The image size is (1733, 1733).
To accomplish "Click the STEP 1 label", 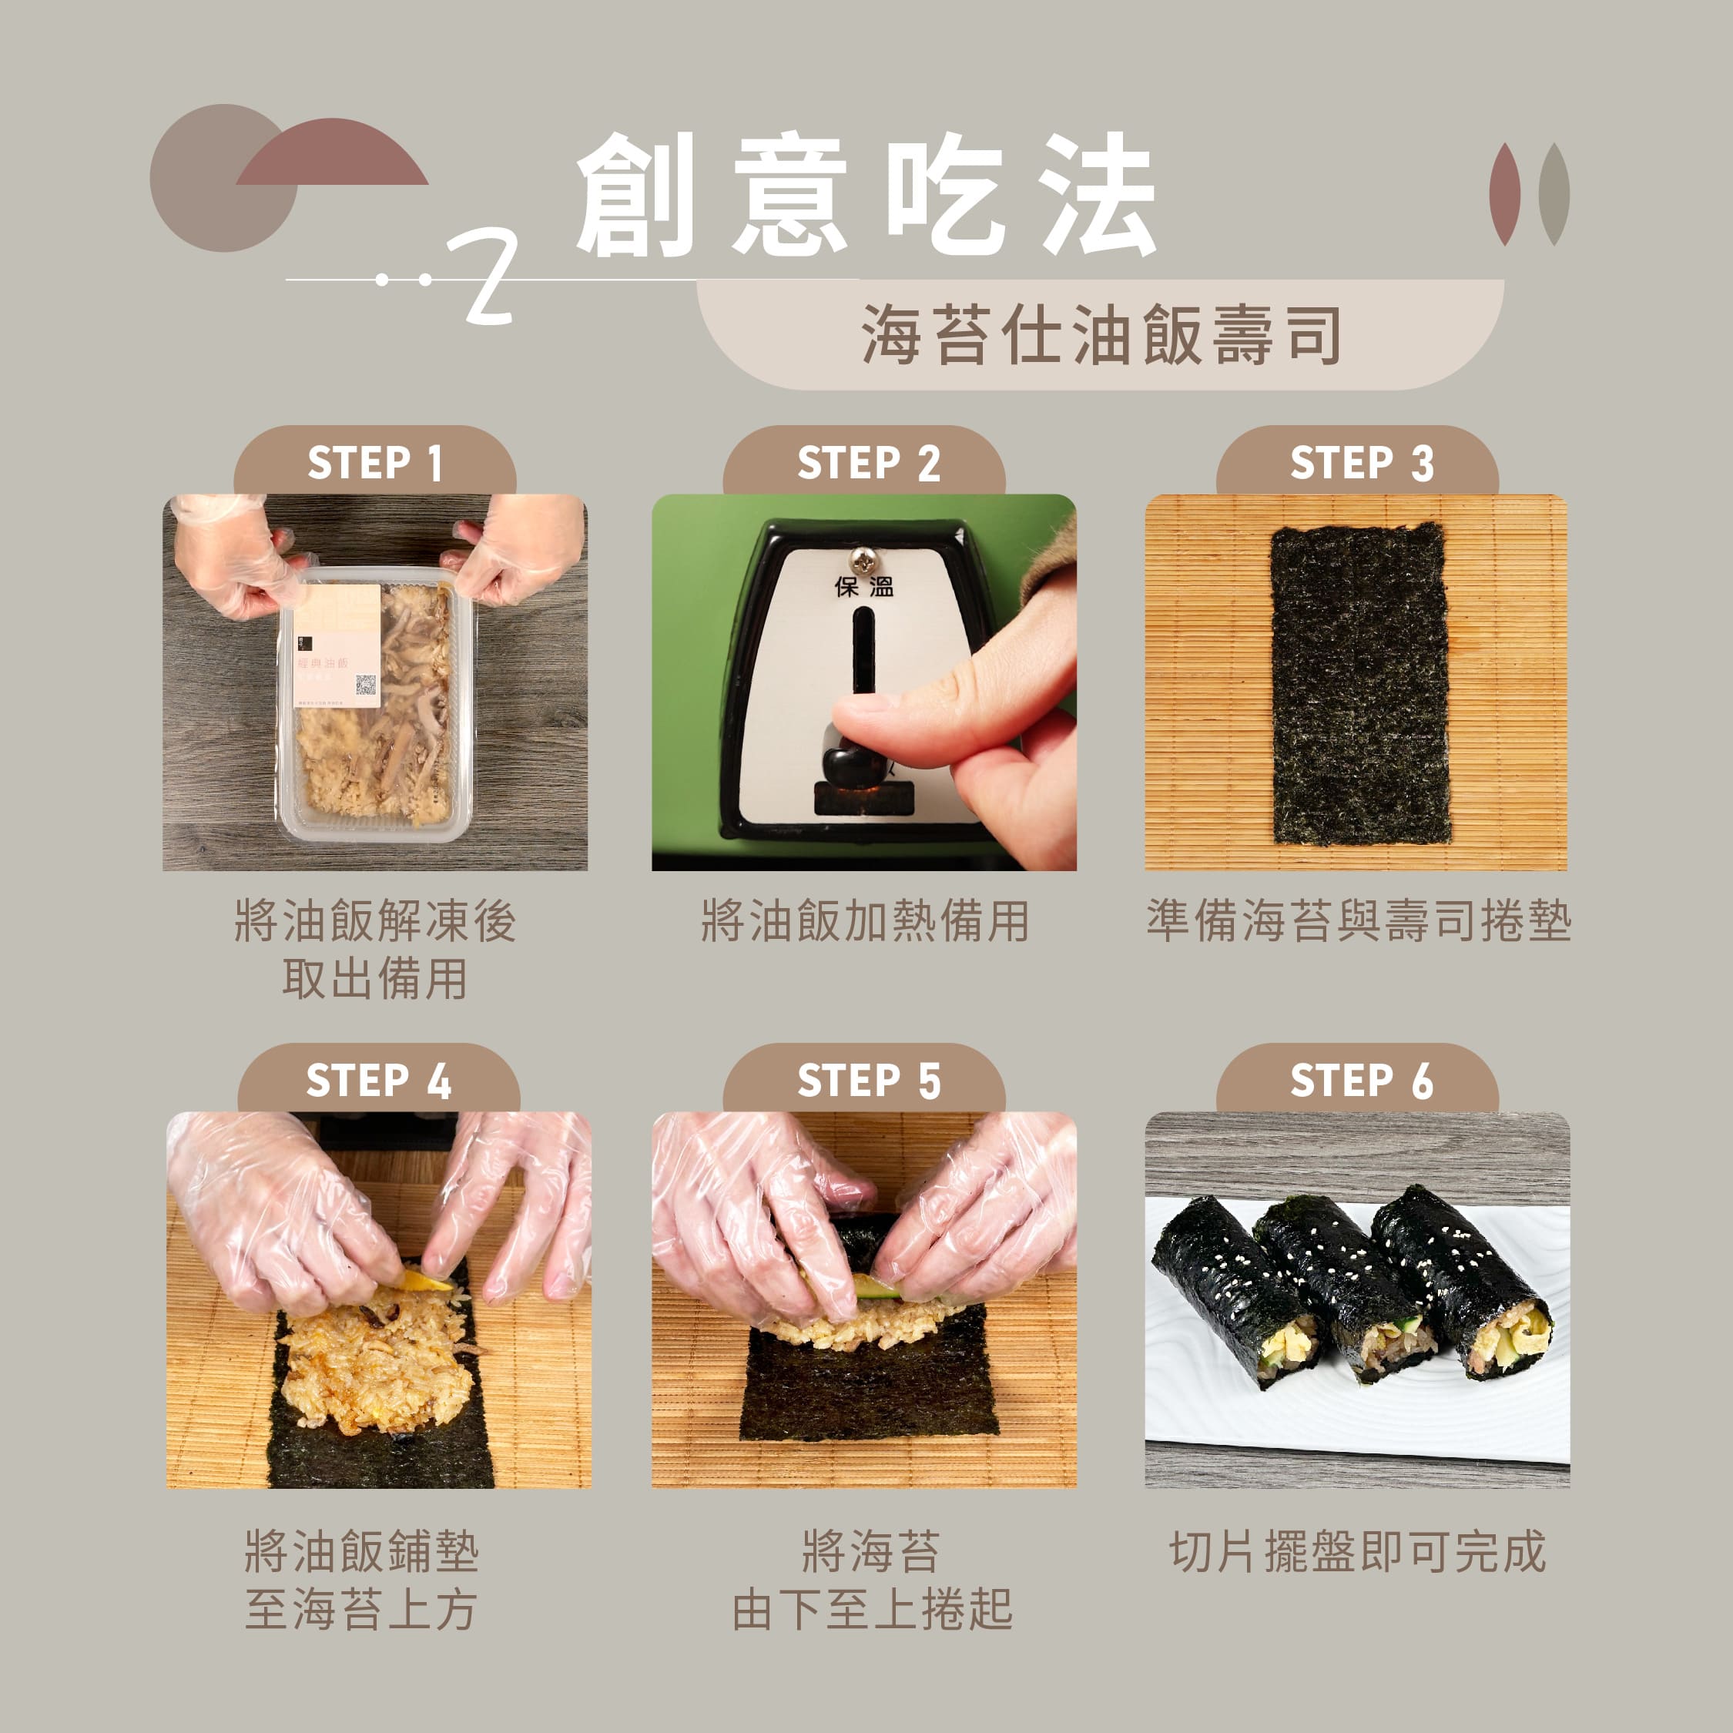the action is (375, 463).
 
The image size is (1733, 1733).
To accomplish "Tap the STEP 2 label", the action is (868, 463).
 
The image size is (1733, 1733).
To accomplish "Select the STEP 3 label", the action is (1362, 463).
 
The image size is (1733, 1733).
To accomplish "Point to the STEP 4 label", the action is (378, 1080).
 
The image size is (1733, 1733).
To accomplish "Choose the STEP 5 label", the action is (868, 1080).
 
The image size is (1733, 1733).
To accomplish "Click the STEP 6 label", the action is (1362, 1080).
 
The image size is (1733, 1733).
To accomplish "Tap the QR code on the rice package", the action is (366, 685).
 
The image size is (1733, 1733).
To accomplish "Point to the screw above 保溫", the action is (864, 561).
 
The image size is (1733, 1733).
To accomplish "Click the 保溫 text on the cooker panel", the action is (864, 588).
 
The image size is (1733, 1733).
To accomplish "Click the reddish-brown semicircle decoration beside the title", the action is (332, 153).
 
